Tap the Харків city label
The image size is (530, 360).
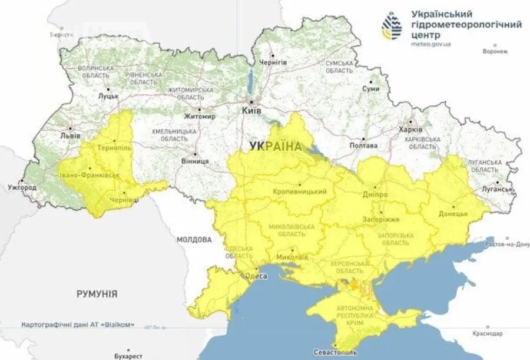click(411, 129)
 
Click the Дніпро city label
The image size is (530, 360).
click(375, 194)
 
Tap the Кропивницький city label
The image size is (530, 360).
click(300, 192)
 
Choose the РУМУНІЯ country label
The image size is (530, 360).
click(97, 293)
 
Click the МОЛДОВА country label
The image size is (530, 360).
click(194, 240)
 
